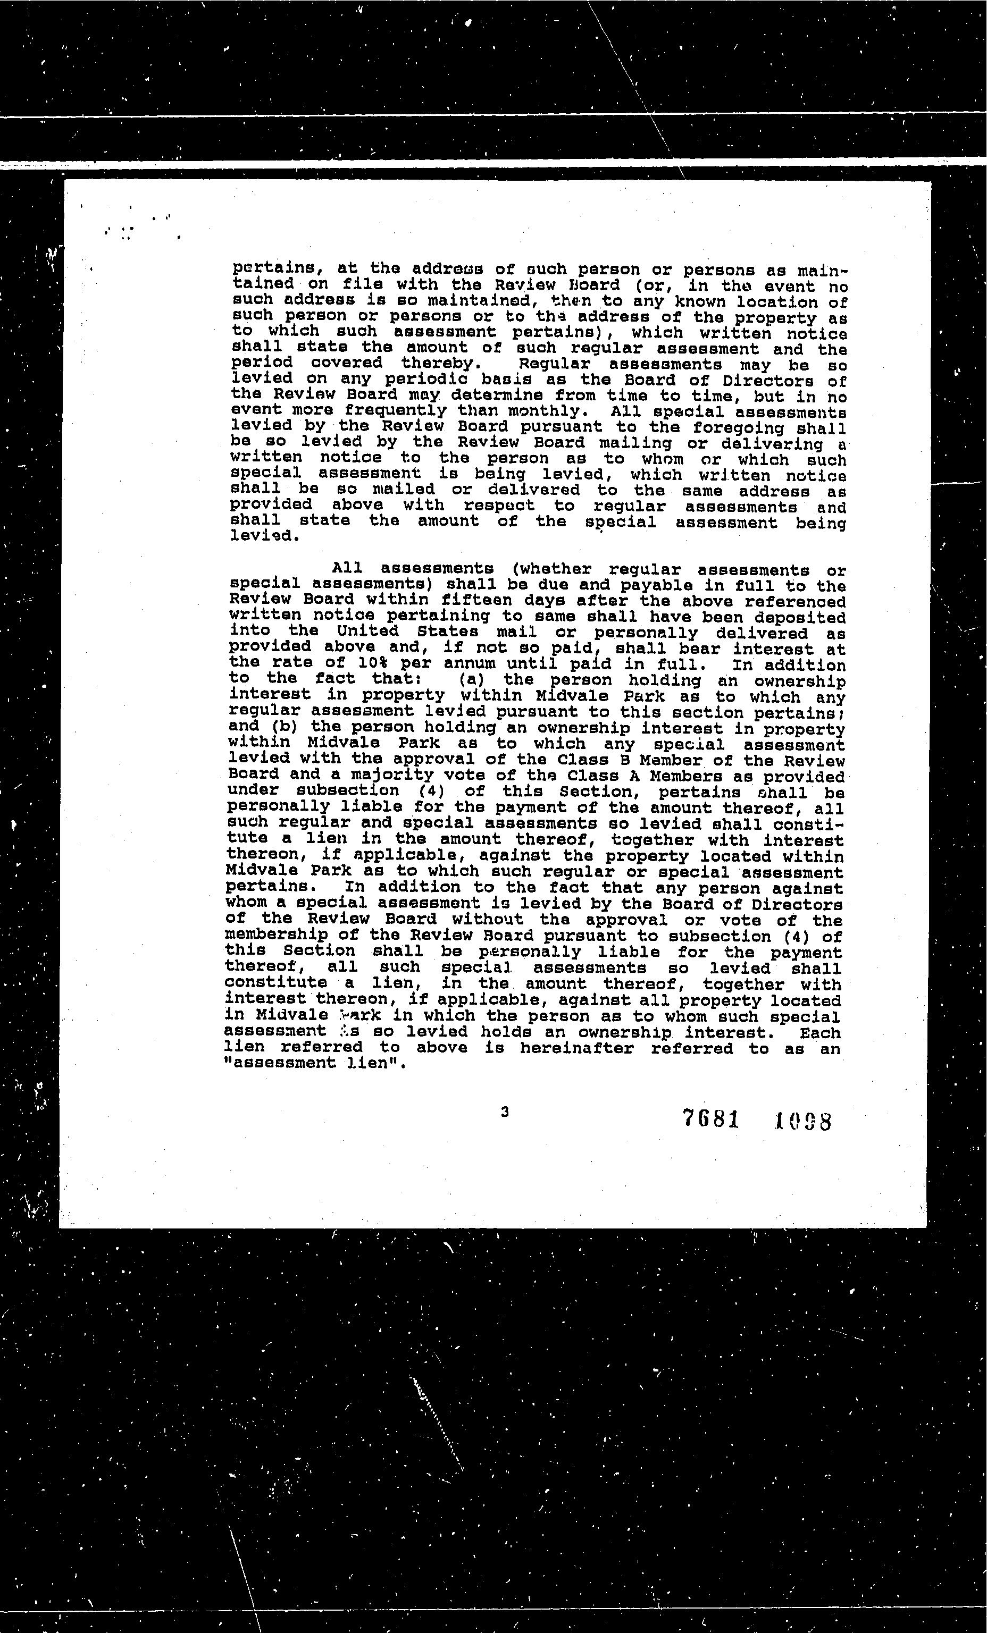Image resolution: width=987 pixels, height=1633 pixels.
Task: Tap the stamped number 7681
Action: coord(710,1119)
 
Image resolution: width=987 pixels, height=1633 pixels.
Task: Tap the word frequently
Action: coord(395,411)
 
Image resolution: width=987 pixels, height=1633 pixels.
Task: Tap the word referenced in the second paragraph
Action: coord(795,602)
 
